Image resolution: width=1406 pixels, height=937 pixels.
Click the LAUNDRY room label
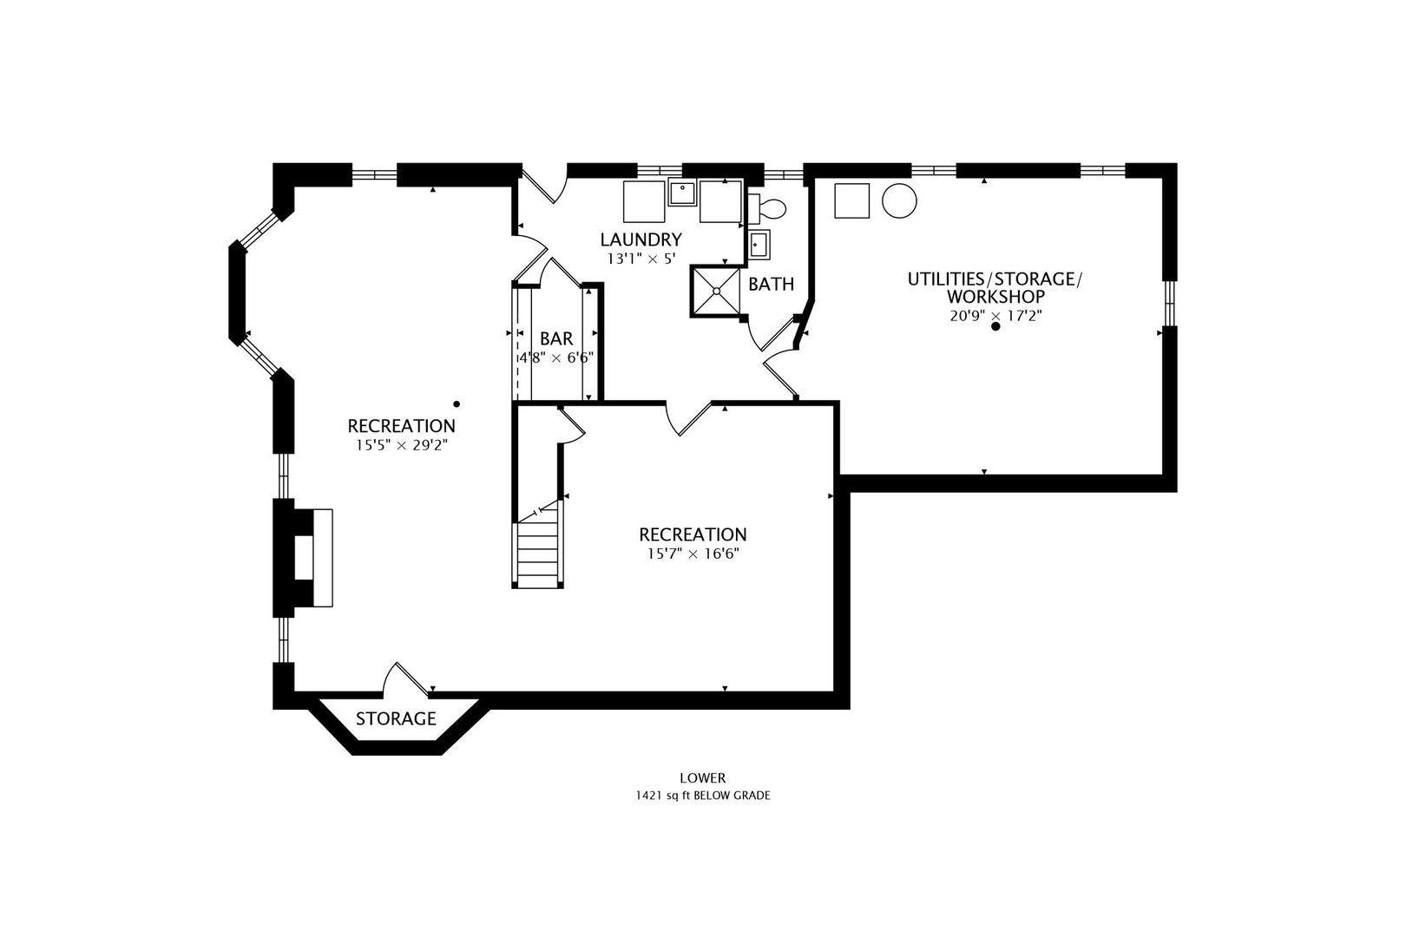pos(641,239)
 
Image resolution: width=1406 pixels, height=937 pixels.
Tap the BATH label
pos(772,285)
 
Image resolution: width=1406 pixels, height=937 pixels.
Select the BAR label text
pos(556,339)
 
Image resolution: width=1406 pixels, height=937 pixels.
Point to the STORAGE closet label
pos(396,718)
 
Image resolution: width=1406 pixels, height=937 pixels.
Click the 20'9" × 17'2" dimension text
pos(995,316)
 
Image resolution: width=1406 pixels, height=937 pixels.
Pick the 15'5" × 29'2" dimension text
pos(402,445)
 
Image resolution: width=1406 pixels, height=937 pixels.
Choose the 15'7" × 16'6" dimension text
pos(693,554)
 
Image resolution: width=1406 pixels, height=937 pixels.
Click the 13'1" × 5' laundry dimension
pos(641,259)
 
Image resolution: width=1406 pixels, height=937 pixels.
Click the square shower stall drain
pos(716,292)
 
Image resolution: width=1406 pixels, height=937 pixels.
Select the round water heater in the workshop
pos(899,200)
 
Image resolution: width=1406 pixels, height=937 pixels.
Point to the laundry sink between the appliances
pos(682,192)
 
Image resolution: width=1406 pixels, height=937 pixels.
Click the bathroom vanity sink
pos(759,244)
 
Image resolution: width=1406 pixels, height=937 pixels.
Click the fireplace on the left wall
pos(303,558)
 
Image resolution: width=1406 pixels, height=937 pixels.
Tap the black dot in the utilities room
pos(995,326)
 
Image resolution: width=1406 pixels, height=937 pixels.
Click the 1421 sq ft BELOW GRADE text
pos(703,796)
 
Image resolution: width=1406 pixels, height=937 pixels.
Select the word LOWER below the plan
pos(703,778)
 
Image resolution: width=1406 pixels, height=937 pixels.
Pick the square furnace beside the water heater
pos(851,200)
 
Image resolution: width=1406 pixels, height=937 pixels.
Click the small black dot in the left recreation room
pos(457,404)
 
